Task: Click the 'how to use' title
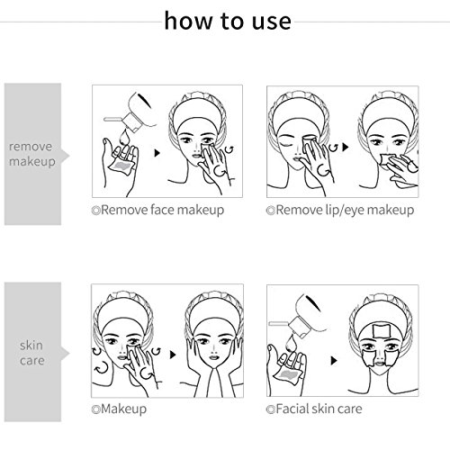228,21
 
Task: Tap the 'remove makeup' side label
32,154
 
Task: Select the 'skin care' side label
31,353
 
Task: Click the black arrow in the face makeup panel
157,153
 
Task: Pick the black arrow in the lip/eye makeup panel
346,147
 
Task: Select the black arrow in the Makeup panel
173,355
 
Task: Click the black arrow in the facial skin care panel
334,361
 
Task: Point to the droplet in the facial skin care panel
291,343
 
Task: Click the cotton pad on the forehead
381,330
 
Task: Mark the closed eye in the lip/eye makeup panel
285,144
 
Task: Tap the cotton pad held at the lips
386,159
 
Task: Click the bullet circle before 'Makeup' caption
95,409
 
